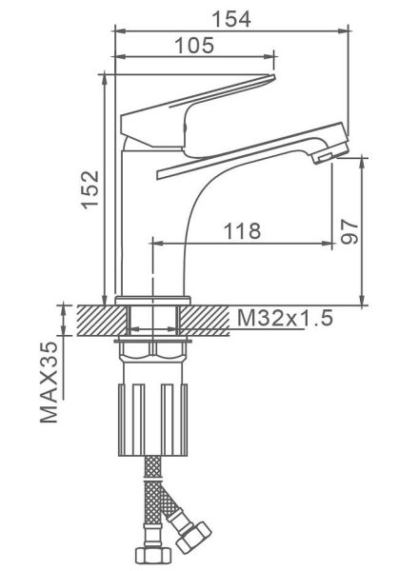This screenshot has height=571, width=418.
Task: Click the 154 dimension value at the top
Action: pos(231,19)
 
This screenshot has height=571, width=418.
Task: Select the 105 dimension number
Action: pos(194,45)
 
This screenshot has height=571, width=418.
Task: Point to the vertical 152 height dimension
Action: pos(90,189)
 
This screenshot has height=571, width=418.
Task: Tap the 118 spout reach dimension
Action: pos(243,230)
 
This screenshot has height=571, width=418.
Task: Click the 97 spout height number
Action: pos(349,231)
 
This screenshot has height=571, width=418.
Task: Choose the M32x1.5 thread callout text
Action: pos(285,318)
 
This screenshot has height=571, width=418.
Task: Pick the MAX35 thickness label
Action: pos(49,383)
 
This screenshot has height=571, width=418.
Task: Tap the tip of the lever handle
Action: pos(272,77)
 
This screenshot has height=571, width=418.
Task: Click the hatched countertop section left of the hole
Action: pos(103,321)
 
